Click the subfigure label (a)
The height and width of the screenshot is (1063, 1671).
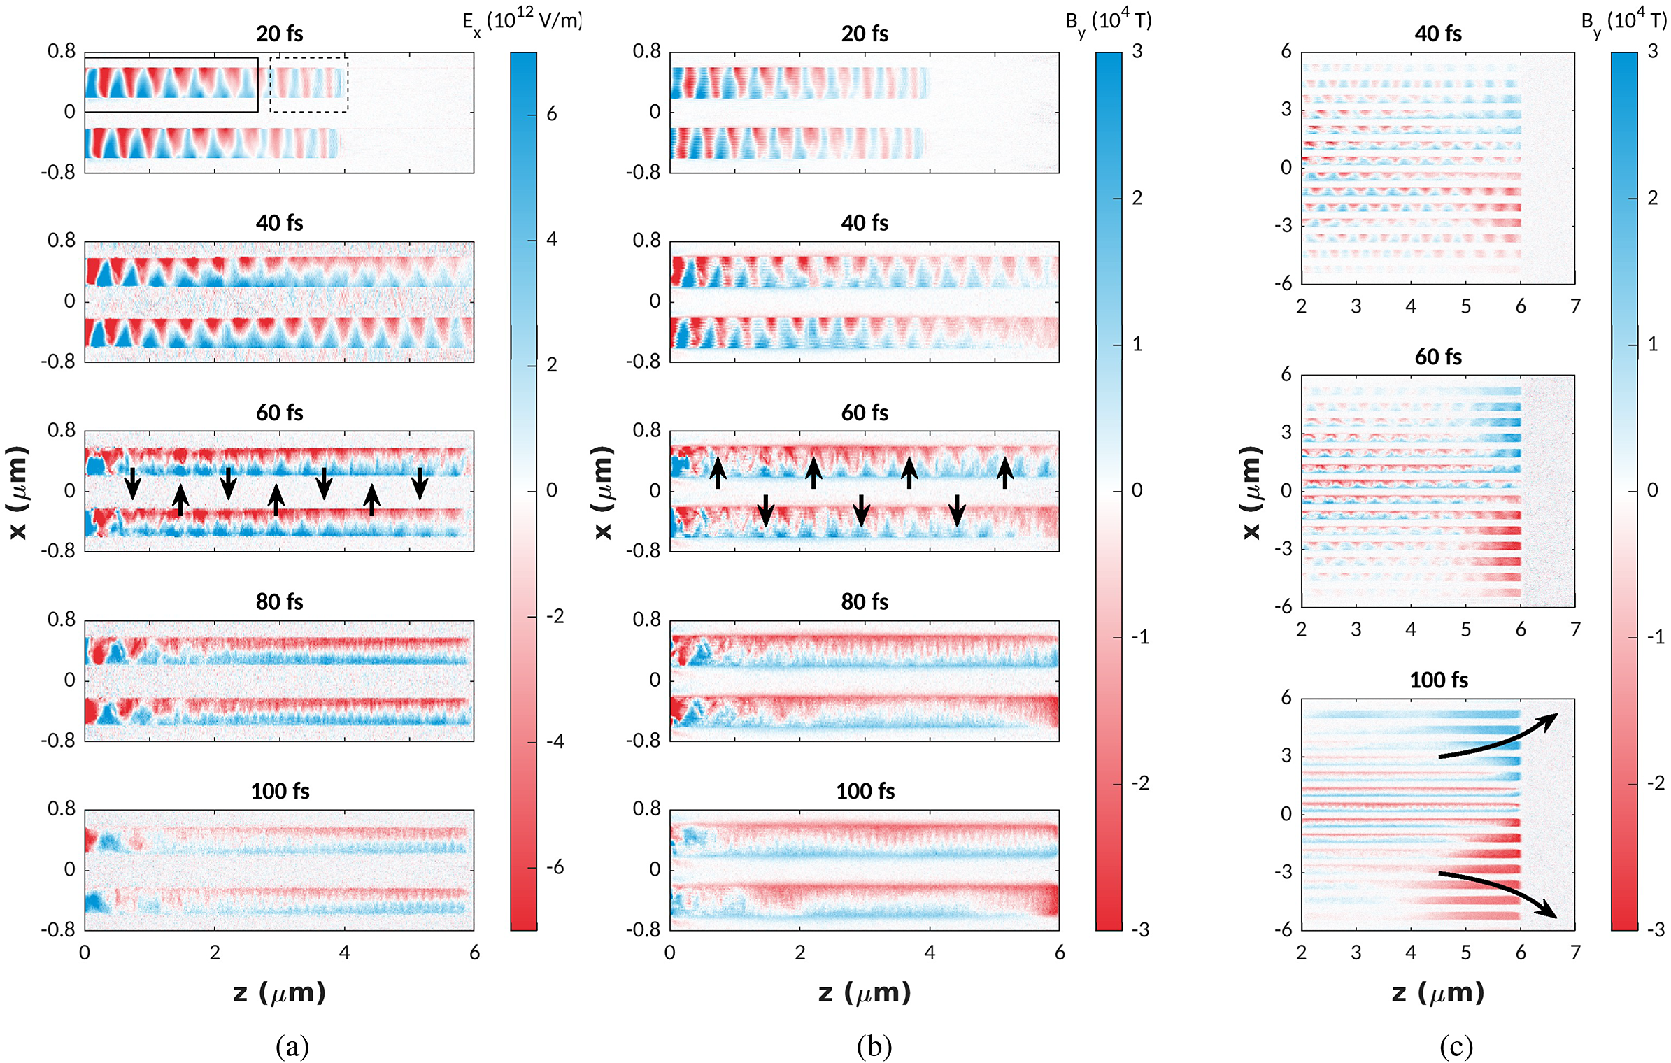point(292,1046)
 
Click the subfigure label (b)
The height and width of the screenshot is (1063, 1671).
point(874,1046)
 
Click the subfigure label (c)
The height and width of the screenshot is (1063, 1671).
point(1456,1046)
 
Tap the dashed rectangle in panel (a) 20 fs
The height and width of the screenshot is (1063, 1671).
point(308,85)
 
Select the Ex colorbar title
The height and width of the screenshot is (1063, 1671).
point(522,22)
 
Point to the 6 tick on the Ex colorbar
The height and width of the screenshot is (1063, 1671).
point(552,114)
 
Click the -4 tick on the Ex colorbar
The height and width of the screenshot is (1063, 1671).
point(555,742)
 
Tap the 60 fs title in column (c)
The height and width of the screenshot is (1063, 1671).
point(1438,357)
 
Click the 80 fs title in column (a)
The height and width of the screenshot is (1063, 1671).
point(279,601)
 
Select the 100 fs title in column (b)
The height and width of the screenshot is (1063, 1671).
point(865,791)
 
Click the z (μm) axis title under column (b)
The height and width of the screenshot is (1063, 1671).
point(865,992)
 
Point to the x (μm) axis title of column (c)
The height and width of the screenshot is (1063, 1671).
point(1251,492)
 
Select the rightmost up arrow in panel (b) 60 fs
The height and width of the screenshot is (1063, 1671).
point(1005,472)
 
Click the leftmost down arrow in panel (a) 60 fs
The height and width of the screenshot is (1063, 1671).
point(132,483)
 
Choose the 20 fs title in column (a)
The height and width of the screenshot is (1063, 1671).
point(279,34)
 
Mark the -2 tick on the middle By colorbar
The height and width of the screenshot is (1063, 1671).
point(1140,783)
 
